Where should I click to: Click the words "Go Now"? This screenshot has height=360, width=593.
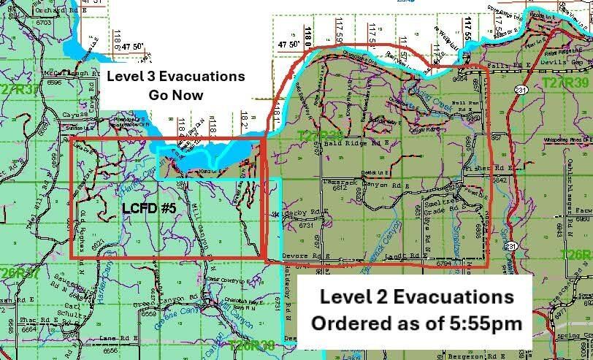pyautogui.click(x=175, y=94)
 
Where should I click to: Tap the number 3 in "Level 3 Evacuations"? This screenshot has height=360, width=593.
pyautogui.click(x=145, y=76)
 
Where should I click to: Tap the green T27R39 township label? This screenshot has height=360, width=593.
pyautogui.click(x=567, y=84)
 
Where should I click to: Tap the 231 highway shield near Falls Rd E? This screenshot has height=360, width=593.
pyautogui.click(x=519, y=89)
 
